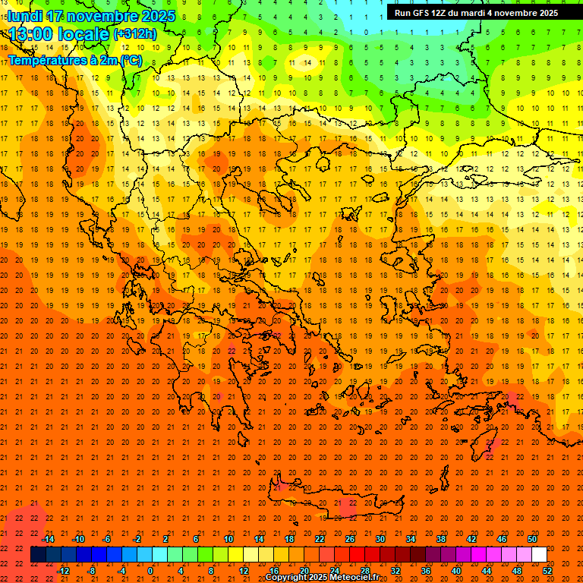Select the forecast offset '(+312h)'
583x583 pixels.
(x=134, y=34)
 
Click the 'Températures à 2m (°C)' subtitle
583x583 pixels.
(x=74, y=60)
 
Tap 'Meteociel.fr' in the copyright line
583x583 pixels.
(x=355, y=578)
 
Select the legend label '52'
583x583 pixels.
(x=547, y=571)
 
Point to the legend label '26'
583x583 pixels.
(x=350, y=539)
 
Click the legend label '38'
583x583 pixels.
(x=441, y=539)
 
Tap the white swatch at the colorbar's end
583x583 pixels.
(x=539, y=555)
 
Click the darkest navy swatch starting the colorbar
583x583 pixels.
(x=38, y=555)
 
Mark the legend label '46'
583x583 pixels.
(x=502, y=539)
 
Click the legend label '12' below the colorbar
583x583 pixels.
(x=244, y=571)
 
